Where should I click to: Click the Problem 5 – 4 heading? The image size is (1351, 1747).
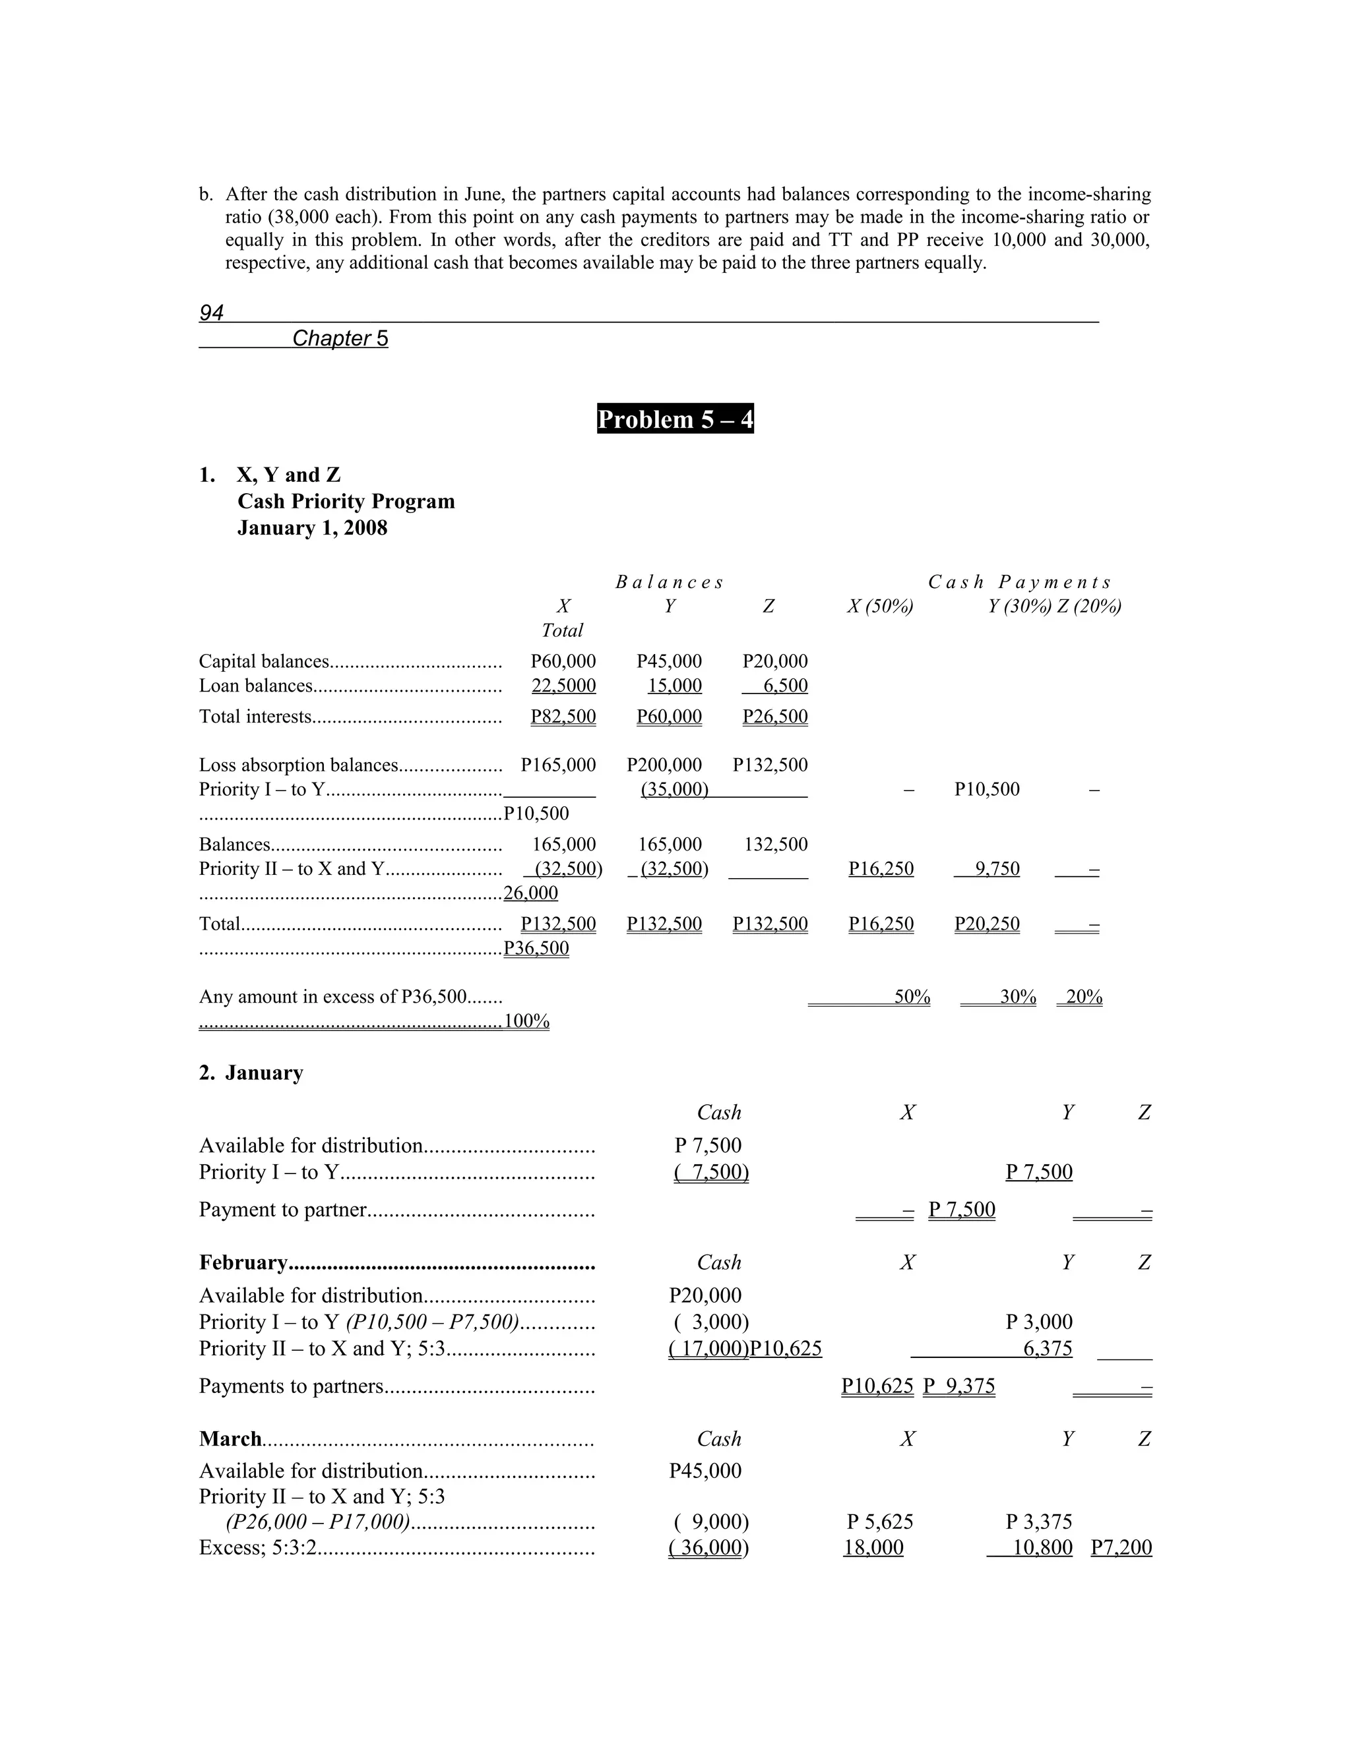click(x=675, y=420)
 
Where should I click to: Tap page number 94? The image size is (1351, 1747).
click(x=211, y=312)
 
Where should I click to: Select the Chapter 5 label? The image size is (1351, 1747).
click(x=340, y=338)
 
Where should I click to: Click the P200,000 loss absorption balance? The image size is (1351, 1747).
click(x=664, y=765)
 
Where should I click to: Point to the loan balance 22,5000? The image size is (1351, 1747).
click(x=563, y=686)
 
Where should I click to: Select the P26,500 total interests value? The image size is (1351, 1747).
click(x=774, y=716)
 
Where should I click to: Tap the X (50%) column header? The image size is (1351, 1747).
click(x=881, y=607)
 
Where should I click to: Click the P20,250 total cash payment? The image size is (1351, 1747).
click(x=987, y=924)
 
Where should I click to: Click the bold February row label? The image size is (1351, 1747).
click(x=243, y=1262)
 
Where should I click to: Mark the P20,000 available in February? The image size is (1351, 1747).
click(x=705, y=1295)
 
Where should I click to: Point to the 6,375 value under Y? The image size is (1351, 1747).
click(x=1048, y=1349)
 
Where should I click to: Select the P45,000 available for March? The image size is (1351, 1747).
click(x=705, y=1470)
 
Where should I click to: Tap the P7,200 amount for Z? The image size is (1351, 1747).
click(x=1121, y=1547)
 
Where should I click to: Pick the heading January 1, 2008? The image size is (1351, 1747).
click(x=312, y=528)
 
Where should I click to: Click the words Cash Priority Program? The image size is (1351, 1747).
click(x=346, y=502)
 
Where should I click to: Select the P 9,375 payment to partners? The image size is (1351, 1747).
click(x=958, y=1386)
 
